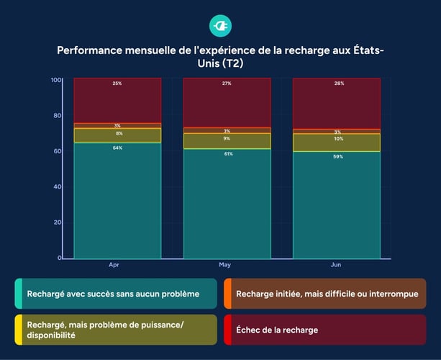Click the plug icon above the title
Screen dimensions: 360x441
[x=220, y=26]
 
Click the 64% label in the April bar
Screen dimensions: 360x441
[x=117, y=148]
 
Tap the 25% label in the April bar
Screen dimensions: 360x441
[x=117, y=84]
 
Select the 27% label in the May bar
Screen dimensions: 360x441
[x=227, y=84]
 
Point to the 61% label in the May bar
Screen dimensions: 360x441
[x=227, y=153]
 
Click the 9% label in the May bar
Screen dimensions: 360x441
[x=227, y=138]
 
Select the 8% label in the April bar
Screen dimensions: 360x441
[x=117, y=133]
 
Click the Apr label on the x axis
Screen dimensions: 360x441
[x=114, y=265]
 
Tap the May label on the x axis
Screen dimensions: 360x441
[x=224, y=265]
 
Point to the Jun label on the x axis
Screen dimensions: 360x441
[x=335, y=265]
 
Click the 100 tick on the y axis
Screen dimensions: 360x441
[x=55, y=79]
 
